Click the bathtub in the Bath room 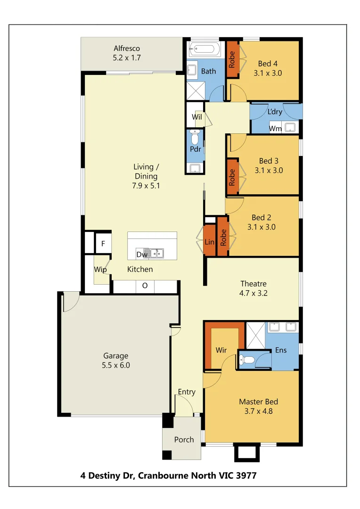[x=204, y=49]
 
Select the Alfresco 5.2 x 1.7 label [x=127, y=53]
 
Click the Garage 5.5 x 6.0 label [x=116, y=361]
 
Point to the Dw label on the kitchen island [x=142, y=254]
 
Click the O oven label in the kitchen [x=145, y=286]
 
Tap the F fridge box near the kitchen [x=103, y=244]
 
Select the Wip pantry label [x=100, y=270]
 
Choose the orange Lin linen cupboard [x=209, y=242]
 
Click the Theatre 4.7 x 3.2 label [x=254, y=288]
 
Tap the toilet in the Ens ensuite [x=246, y=360]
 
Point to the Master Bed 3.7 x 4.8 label [x=258, y=406]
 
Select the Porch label [x=184, y=440]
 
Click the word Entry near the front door [x=187, y=392]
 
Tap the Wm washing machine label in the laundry [x=275, y=128]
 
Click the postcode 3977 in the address [x=246, y=476]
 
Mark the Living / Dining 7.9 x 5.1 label [x=146, y=176]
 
